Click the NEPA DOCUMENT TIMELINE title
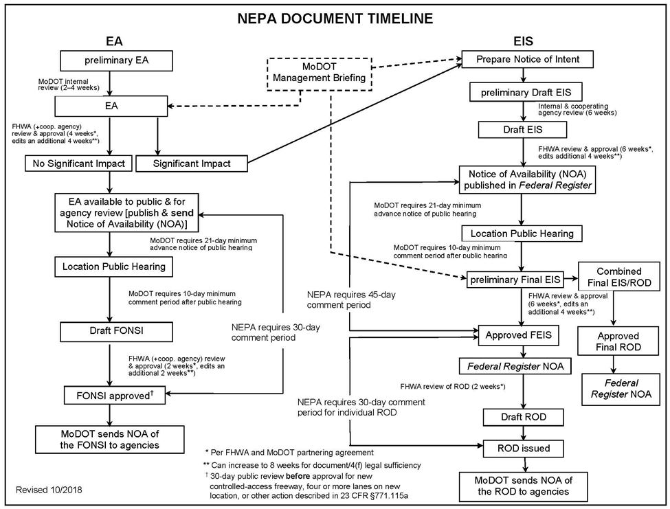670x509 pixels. pyautogui.click(x=335, y=19)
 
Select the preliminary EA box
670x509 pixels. pyautogui.click(x=116, y=60)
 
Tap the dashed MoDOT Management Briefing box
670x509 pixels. pyautogui.click(x=319, y=73)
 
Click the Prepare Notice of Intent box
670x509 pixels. pyautogui.click(x=527, y=59)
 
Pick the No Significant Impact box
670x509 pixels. pyautogui.click(x=78, y=163)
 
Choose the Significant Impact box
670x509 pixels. pyautogui.click(x=192, y=163)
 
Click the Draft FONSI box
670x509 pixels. pyautogui.click(x=116, y=332)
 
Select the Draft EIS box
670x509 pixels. pyautogui.click(x=522, y=129)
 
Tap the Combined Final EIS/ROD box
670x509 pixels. pyautogui.click(x=619, y=277)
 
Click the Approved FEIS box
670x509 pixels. pyautogui.click(x=518, y=335)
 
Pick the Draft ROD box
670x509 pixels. pyautogui.click(x=524, y=417)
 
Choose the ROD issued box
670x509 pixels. pyautogui.click(x=524, y=449)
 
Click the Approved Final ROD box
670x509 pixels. pyautogui.click(x=618, y=341)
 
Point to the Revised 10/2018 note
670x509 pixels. pyautogui.click(x=49, y=489)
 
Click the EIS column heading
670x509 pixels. pyautogui.click(x=523, y=41)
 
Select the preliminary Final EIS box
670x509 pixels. pyautogui.click(x=515, y=280)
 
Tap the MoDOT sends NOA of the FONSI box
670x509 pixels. pyautogui.click(x=110, y=440)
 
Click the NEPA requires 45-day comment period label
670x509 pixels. pyautogui.click(x=351, y=299)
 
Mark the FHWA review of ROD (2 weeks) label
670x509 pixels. pyautogui.click(x=453, y=387)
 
